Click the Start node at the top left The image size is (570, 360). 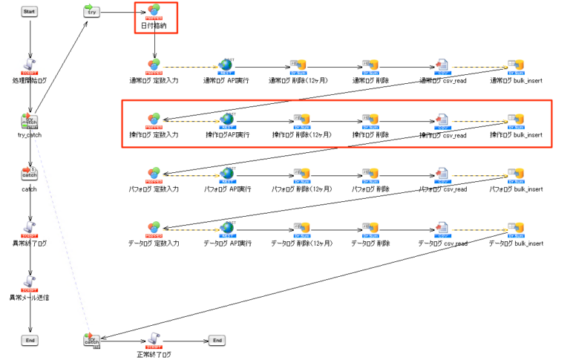pos(30,12)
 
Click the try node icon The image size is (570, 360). pos(91,12)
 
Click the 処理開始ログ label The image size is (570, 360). pos(30,79)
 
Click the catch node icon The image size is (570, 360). pos(30,174)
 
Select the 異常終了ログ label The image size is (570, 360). pos(30,243)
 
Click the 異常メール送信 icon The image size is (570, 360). pos(30,283)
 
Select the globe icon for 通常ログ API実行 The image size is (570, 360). pos(227,65)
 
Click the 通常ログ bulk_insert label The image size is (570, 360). pos(516,80)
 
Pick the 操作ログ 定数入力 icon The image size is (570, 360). pos(154,120)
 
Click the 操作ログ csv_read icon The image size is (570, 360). pos(442,120)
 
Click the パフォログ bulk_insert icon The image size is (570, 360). pos(516,174)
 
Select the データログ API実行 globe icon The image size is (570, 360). pos(227,227)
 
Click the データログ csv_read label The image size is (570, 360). pos(442,243)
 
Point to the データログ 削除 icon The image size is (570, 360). pos(370,227)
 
